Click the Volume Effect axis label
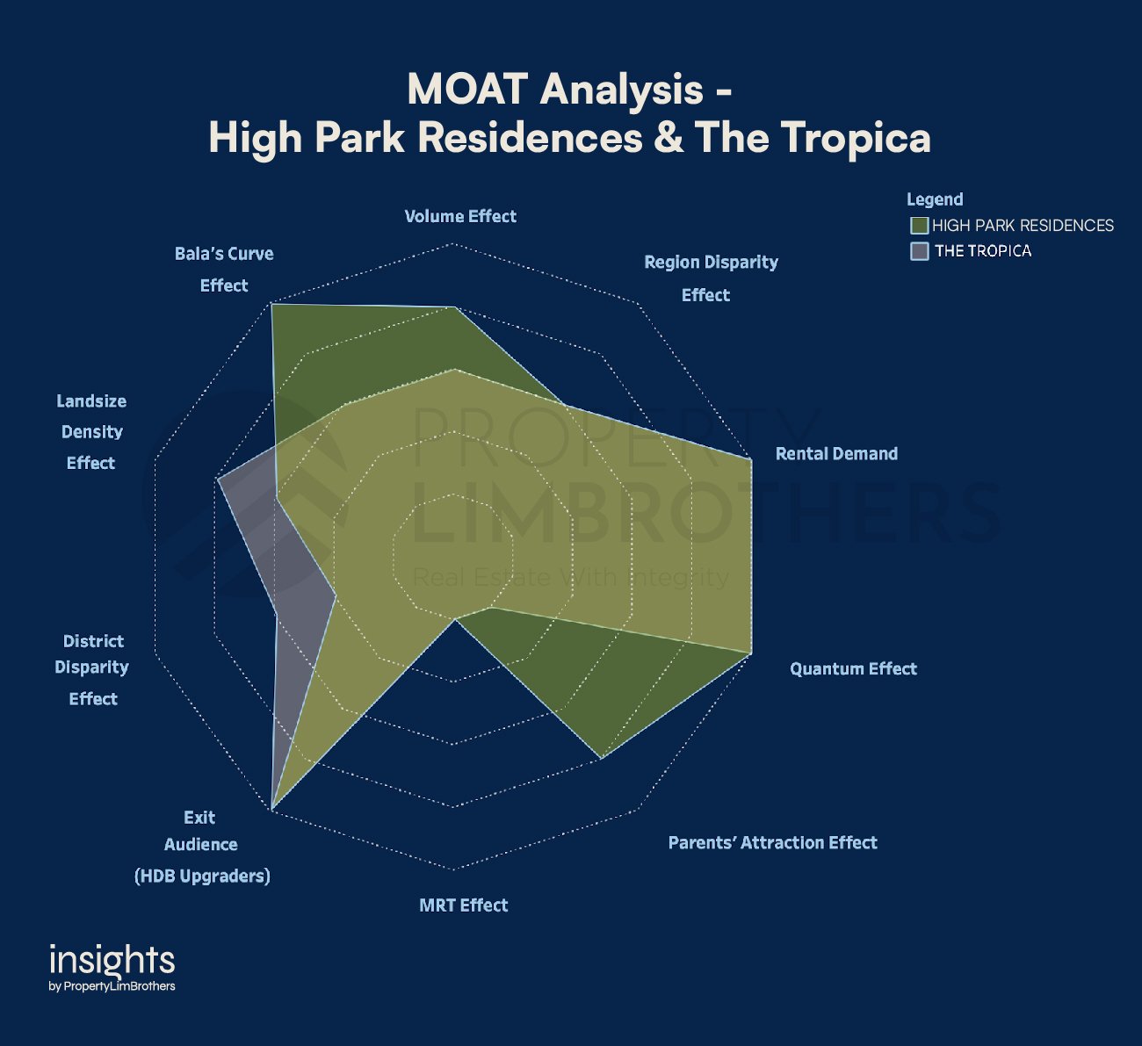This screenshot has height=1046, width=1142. point(459,216)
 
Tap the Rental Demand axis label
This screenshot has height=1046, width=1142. point(836,454)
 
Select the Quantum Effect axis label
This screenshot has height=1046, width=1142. point(853,669)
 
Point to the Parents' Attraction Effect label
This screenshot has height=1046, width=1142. point(772,843)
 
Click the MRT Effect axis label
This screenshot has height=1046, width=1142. point(463,905)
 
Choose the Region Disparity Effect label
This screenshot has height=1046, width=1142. point(710,278)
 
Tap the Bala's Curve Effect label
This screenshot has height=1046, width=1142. point(224,269)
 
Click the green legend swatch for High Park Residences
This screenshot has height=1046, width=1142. point(919,226)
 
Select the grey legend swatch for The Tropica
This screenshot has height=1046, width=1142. point(919,251)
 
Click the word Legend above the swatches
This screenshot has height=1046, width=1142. point(935,199)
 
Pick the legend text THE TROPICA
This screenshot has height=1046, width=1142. point(983,251)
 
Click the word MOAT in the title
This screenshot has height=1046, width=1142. point(467,90)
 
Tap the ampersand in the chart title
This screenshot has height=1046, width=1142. point(669,138)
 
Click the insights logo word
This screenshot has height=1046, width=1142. point(112,961)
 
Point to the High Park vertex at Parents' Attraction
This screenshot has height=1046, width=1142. point(601,757)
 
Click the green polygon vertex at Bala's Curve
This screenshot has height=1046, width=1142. point(271,304)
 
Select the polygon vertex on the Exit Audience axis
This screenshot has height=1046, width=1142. point(272,808)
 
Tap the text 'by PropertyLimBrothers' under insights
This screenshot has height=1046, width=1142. point(112,986)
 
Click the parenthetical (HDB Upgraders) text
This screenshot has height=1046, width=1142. point(202,876)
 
